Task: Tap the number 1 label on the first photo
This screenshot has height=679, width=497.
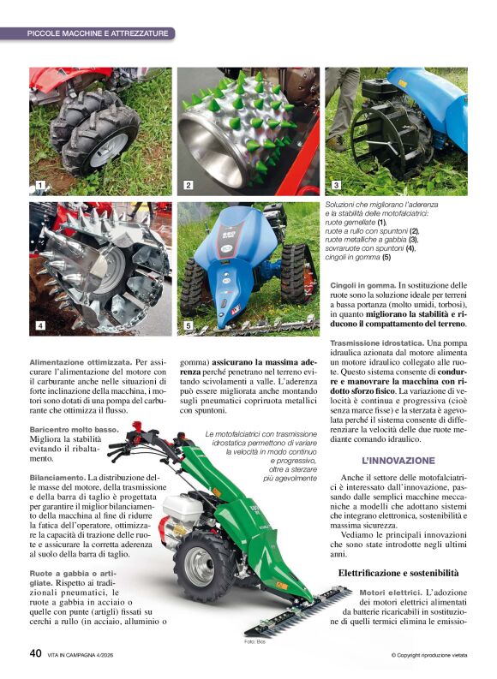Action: point(39,185)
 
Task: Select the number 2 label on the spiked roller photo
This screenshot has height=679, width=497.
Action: point(189,185)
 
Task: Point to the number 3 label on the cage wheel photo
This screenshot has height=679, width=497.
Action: point(336,185)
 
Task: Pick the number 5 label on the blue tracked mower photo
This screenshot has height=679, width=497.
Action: point(189,325)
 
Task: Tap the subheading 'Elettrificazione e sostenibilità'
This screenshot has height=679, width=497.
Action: point(398,571)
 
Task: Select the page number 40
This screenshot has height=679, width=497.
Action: point(35,653)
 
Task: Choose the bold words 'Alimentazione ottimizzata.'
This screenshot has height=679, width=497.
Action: point(80,362)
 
